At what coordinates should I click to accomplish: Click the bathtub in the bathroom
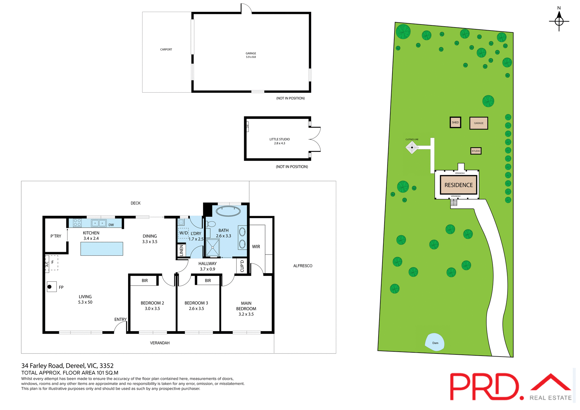point(228,211)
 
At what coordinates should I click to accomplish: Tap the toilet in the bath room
point(211,224)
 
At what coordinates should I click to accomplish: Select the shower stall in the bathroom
point(213,247)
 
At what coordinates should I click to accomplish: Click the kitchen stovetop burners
point(77,223)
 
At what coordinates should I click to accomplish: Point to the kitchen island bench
point(101,249)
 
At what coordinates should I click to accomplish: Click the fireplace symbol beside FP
point(50,287)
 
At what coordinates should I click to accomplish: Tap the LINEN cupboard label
point(181,251)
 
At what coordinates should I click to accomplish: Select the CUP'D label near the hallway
point(242,266)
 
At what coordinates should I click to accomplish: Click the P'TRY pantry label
point(56,236)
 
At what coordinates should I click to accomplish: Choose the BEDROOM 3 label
point(196,303)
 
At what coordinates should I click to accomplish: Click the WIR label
point(256,247)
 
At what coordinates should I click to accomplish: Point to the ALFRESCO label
point(303,266)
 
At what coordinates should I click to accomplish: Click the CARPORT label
point(166,50)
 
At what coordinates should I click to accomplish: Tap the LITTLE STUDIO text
point(279,139)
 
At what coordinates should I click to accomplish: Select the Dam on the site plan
point(435,342)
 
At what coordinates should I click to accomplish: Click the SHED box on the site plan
point(455,123)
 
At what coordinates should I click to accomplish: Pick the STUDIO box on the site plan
point(476,151)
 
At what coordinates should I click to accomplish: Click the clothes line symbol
point(412,147)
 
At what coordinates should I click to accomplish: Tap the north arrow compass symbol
point(559,21)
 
